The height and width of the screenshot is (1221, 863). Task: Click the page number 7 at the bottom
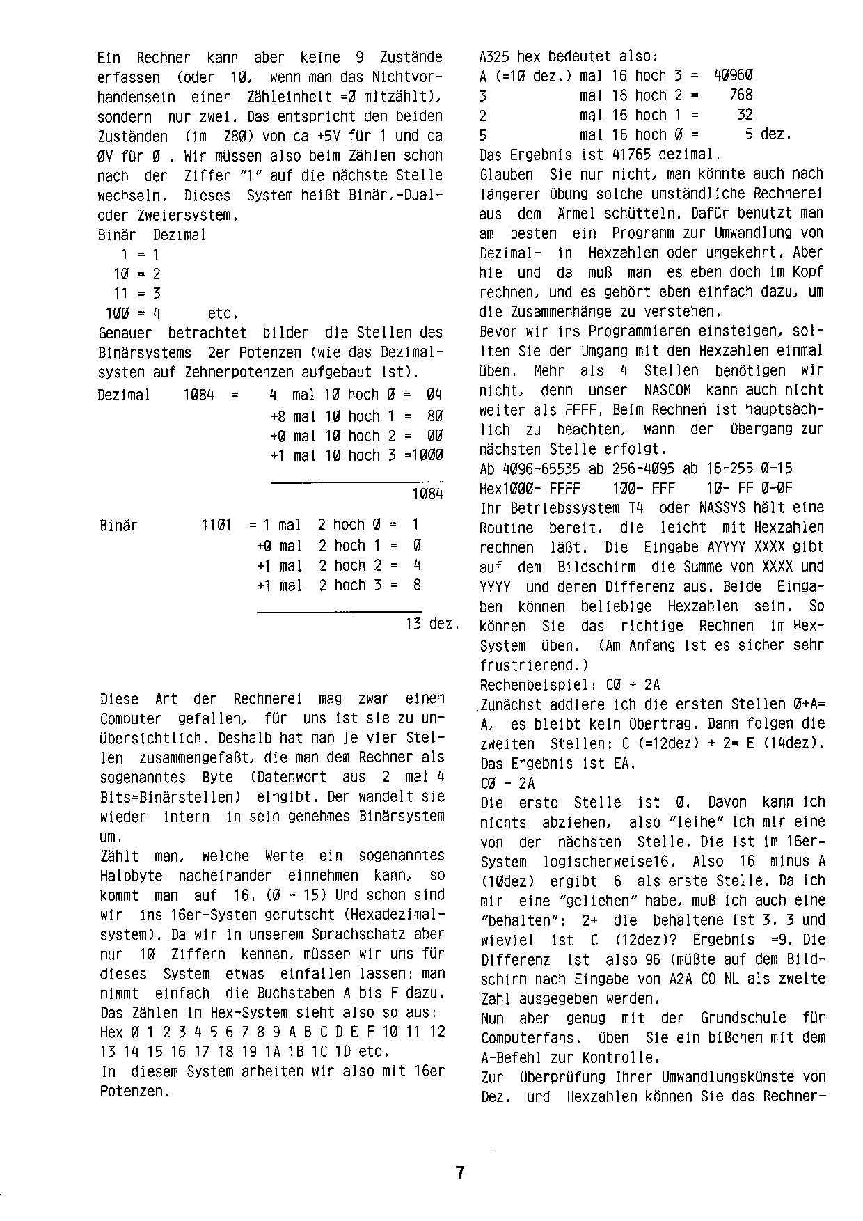[459, 1172]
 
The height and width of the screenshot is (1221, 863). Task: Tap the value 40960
[733, 75]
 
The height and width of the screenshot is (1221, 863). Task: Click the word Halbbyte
[132, 876]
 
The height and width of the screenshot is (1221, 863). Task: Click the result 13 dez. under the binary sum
[430, 624]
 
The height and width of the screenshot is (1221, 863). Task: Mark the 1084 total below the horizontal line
[427, 494]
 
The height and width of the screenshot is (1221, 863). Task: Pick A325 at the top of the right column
[496, 56]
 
